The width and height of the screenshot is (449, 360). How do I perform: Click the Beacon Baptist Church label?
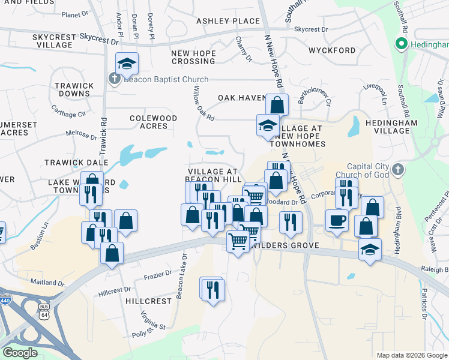pos(165,79)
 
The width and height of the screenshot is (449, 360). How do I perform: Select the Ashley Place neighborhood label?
pos(228,21)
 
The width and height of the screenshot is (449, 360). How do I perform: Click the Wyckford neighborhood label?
pos(332,50)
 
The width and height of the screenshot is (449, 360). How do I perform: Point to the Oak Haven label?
pos(241,98)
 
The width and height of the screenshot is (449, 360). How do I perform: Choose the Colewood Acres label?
pos(153,122)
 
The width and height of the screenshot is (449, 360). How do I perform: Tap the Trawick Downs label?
pos(73,89)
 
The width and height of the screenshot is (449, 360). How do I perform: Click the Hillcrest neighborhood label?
pos(148,301)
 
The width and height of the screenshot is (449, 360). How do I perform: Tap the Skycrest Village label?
pos(54,41)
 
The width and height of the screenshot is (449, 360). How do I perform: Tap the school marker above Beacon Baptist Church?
pos(127,62)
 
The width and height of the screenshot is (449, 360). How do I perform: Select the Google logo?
pos(20,353)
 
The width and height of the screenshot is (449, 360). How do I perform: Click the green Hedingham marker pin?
pos(401,44)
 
